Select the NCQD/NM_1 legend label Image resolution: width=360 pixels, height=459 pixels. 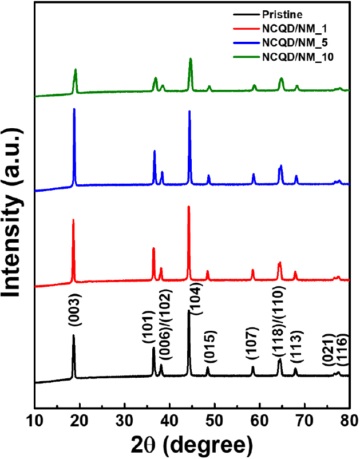[x=292, y=27]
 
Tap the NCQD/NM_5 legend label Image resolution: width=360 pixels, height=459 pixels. [x=292, y=42]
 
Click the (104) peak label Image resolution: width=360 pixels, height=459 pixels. [x=196, y=296]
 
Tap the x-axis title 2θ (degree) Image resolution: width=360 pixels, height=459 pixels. [x=191, y=444]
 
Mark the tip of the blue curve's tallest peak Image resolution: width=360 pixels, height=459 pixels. [x=74, y=109]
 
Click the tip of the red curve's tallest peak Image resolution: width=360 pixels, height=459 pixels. [x=188, y=206]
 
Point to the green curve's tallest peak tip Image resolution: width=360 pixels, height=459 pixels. [x=190, y=58]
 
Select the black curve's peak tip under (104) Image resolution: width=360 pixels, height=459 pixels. [x=188, y=311]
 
